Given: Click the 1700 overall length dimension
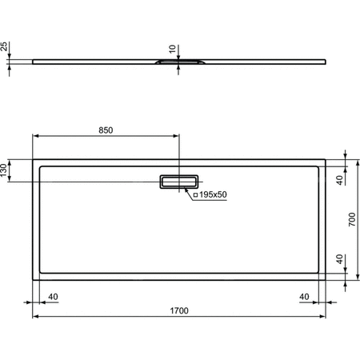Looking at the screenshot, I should tap(179, 312).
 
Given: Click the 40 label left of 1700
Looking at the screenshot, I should tap(54, 297).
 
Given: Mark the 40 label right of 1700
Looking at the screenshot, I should tap(305, 297).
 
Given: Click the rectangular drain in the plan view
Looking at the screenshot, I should tap(179, 182).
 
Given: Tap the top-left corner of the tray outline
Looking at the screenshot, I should tap(33, 158).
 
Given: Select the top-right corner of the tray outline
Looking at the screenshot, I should tap(326, 158).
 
